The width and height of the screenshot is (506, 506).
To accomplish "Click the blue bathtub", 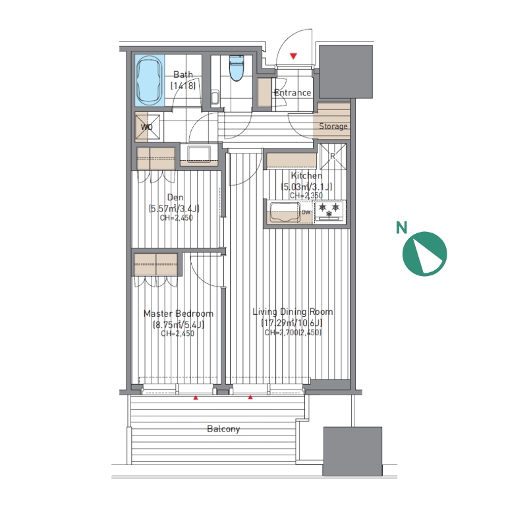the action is coord(149,80).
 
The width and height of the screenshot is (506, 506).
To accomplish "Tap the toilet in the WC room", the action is coord(237,68).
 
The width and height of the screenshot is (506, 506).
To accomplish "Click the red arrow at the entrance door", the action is coord(293,56).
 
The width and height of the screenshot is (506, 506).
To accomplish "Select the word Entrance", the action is coord(293,93).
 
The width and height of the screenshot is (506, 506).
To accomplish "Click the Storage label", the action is coord(333,126).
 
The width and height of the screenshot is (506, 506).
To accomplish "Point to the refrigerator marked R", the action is coord(332,157).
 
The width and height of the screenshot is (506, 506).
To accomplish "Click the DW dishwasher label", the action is coord(306,212).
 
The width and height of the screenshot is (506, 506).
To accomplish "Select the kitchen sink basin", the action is coord(285,212).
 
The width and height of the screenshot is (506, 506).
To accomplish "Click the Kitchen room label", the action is coord(306,176).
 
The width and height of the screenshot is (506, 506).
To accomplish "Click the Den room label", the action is coord(175,197).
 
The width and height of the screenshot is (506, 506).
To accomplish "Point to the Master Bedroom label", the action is coord(178,314).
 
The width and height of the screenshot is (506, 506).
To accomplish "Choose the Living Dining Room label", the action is coord(293,312).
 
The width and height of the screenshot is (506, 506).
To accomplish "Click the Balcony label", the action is coord(223,429).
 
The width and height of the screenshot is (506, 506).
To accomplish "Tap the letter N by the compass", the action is coord(401,227).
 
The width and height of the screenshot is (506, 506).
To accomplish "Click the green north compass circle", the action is coord(425,254).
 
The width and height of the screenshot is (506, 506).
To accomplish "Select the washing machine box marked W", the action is coord(147,127).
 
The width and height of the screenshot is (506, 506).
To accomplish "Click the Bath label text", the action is coord(183,74).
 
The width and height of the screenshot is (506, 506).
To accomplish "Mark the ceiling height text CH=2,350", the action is coord(306,196).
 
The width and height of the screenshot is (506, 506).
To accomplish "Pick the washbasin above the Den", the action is coord(199,154).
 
